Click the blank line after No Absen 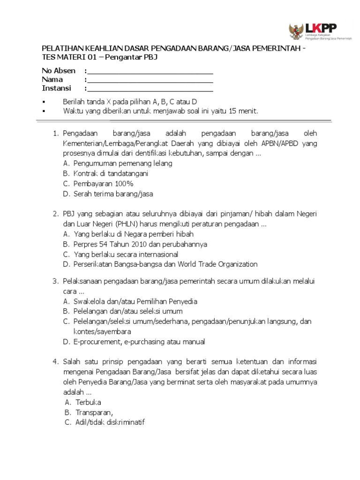pos(150,73)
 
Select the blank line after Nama pos(150,82)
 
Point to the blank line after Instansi pos(150,90)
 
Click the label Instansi pos(56,88)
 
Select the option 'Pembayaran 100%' pos(103,183)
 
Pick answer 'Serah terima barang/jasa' pos(113,193)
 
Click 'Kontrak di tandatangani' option pos(111,173)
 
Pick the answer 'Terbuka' pos(88,402)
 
